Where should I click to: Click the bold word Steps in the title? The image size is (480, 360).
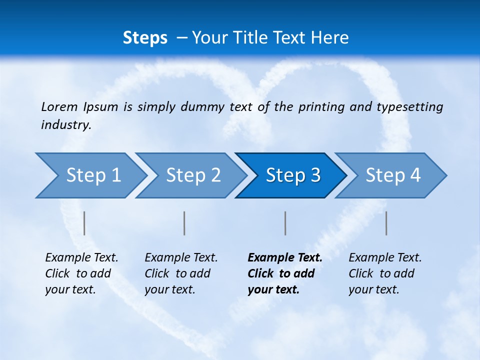coord(145,38)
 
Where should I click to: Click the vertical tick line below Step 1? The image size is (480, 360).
coord(84,223)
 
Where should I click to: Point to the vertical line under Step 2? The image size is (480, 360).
coord(184,223)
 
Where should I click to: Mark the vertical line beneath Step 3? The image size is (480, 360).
coord(285,223)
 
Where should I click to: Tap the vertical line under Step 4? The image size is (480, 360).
coord(386,223)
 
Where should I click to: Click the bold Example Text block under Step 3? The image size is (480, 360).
coord(284,273)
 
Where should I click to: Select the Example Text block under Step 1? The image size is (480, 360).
coord(81,273)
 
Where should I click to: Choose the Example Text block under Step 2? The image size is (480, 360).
coord(181,273)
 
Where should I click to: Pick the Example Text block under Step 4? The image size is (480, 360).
coord(385,273)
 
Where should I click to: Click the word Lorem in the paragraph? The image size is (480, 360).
coord(59,107)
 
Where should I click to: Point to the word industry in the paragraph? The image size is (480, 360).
coord(65,125)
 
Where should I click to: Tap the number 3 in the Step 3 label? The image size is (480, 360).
coord(315,175)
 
